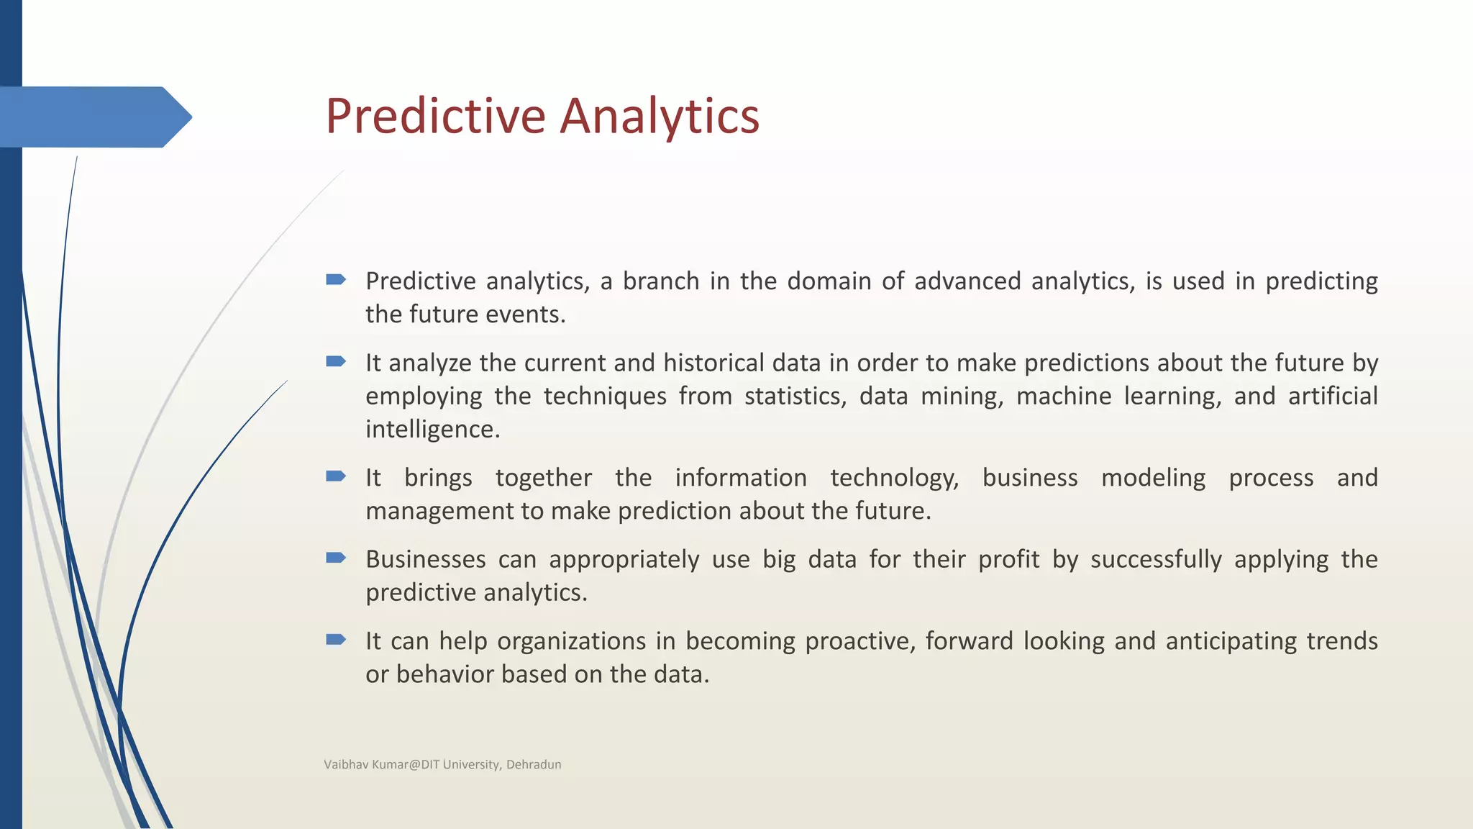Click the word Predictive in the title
coord(435,116)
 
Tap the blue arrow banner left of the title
coord(94,117)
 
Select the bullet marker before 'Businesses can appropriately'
coord(335,558)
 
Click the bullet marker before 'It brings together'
coord(335,476)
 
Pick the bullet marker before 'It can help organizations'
coord(335,639)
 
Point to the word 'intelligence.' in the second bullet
coord(432,430)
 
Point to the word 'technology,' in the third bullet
coord(894,478)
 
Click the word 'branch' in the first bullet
coord(660,281)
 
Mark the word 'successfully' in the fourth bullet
coord(1155,559)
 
